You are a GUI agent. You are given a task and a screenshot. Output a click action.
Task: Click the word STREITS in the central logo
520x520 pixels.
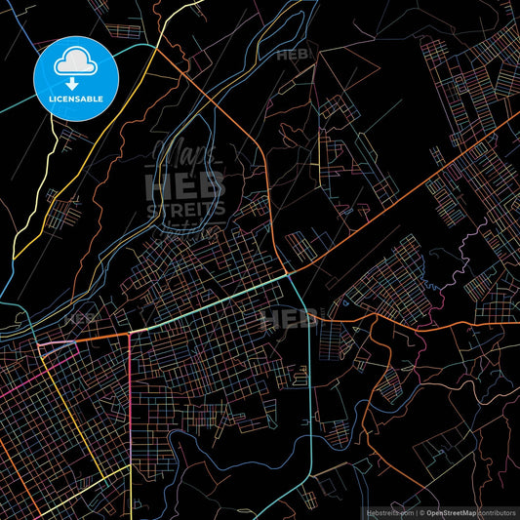(185, 208)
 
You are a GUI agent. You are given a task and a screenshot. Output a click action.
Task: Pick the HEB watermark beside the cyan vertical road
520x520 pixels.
(289, 318)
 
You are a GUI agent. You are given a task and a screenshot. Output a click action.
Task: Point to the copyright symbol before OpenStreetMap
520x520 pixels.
(422, 512)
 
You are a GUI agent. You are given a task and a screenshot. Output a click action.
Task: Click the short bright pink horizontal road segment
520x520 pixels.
(57, 345)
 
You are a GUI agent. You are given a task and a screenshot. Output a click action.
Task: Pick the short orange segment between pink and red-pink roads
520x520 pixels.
(103, 338)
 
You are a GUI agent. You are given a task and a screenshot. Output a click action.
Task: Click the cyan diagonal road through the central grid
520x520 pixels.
(215, 304)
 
